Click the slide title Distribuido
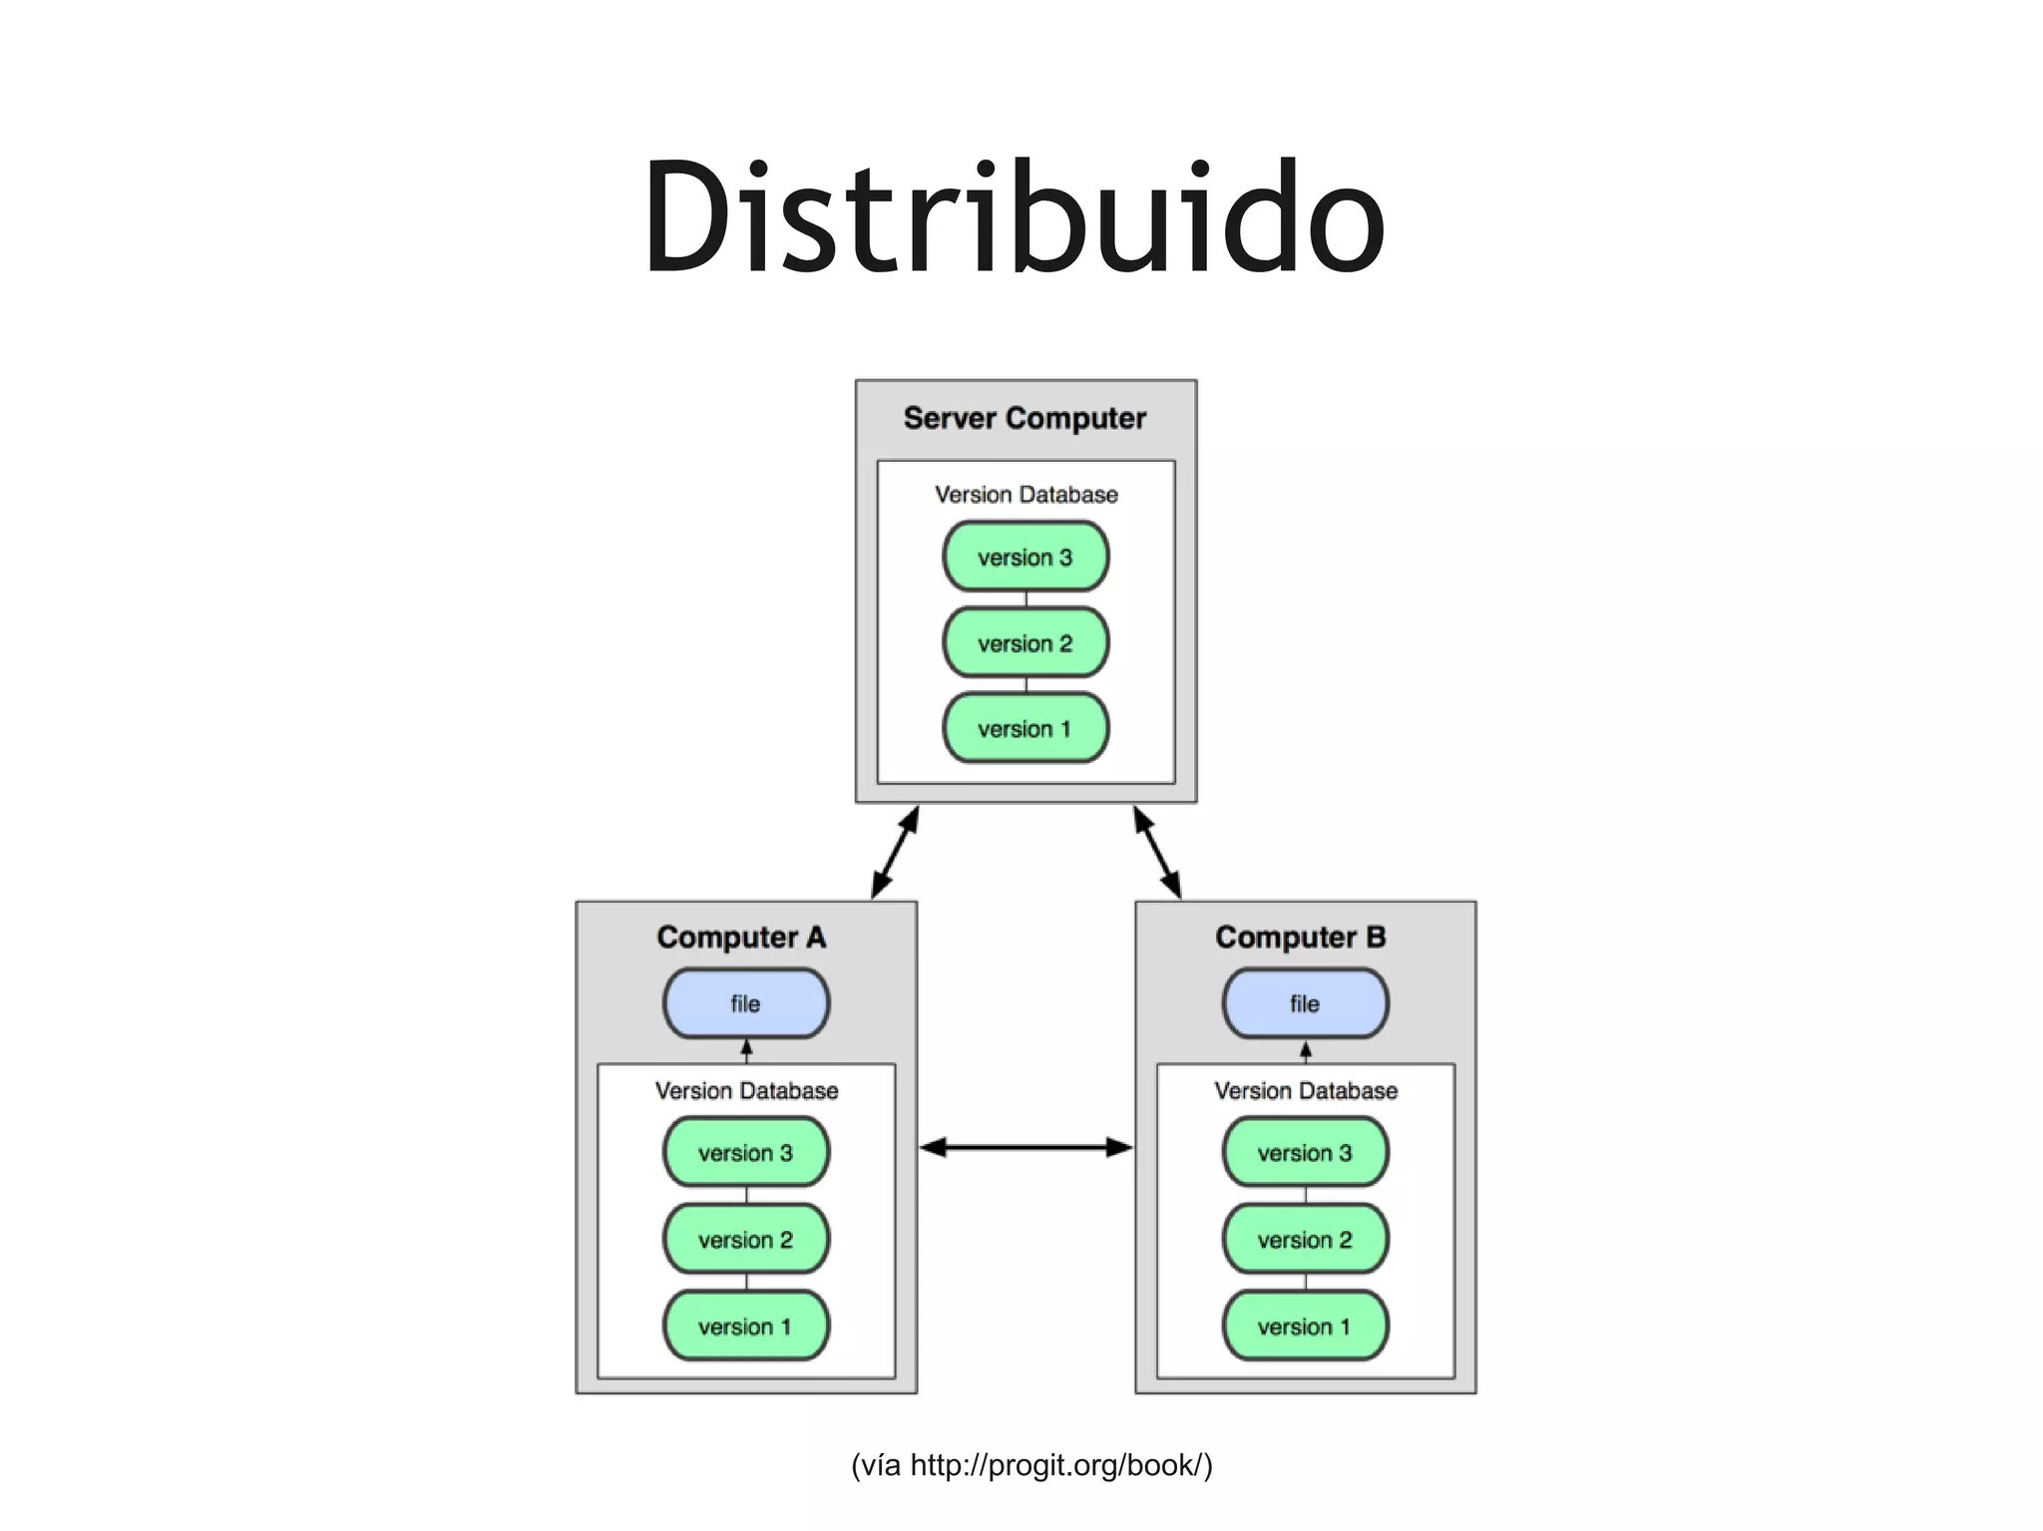[x=1015, y=217]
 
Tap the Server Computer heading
[x=1024, y=418]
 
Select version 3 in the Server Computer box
[x=1025, y=557]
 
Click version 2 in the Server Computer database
[x=1025, y=642]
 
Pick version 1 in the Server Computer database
[x=1025, y=728]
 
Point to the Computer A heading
[x=741, y=938]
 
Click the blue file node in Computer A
[x=746, y=1003]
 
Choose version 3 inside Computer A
[x=746, y=1152]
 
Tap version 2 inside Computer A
[x=746, y=1239]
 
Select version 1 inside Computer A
[x=746, y=1326]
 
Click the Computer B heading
[x=1300, y=938]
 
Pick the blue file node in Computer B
[x=1305, y=1003]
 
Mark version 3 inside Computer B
[x=1305, y=1152]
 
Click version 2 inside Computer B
[x=1305, y=1239]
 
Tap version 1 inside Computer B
[x=1305, y=1326]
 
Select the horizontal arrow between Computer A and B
[x=1025, y=1148]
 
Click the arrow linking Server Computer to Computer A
[x=895, y=853]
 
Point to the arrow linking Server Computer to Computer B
[x=1157, y=853]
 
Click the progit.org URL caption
[x=1031, y=1465]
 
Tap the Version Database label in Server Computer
[x=1025, y=495]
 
